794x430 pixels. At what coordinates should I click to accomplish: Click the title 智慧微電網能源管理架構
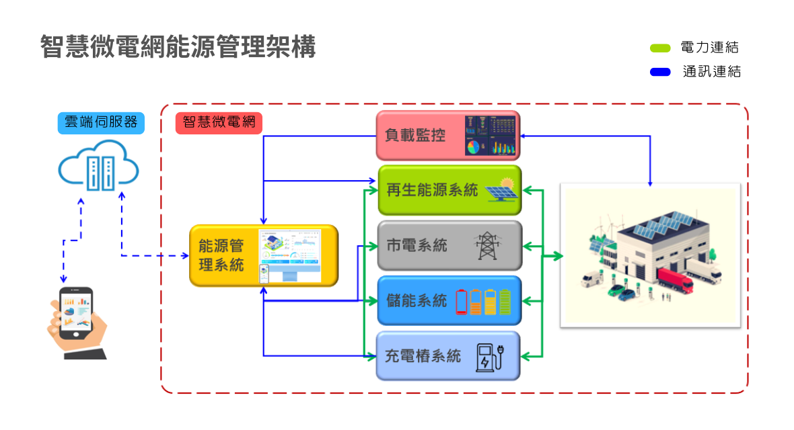coord(178,47)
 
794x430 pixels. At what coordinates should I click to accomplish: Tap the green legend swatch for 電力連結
coord(660,48)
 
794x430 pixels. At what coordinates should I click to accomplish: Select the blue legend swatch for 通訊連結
coord(660,71)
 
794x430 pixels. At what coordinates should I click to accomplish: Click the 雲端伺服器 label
coord(100,123)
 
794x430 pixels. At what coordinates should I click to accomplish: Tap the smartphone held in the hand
coord(76,314)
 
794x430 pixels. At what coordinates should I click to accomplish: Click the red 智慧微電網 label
coord(218,122)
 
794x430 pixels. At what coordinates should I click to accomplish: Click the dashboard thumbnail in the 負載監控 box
coord(491,135)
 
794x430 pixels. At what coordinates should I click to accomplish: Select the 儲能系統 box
coord(417,300)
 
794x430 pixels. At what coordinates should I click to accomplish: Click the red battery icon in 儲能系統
coord(462,302)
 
